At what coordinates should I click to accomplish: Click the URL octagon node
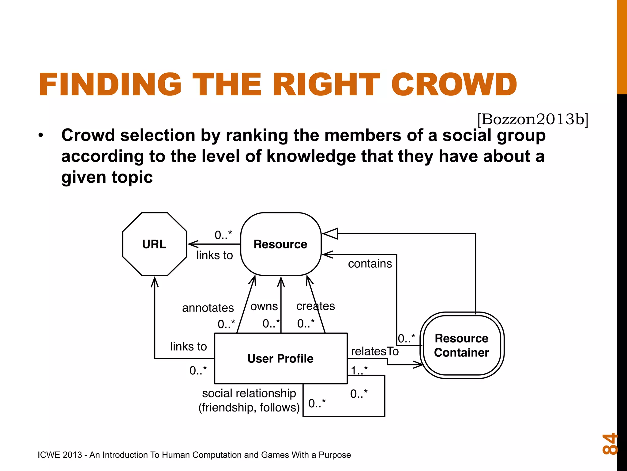[x=154, y=244]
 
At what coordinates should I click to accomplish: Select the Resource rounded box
[x=280, y=244]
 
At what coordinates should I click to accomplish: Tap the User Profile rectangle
[x=280, y=358]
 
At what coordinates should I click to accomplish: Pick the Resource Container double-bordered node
[x=462, y=345]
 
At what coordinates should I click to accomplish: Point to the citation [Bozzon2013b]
[x=533, y=119]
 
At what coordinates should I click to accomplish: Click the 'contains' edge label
[x=370, y=264]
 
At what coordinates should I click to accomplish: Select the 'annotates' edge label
[x=208, y=308]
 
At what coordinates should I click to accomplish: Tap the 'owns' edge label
[x=264, y=306]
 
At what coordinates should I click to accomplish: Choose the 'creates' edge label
[x=315, y=306]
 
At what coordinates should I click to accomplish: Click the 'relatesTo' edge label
[x=375, y=351]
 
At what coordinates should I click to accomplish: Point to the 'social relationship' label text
[x=249, y=393]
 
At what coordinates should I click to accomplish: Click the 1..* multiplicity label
[x=359, y=370]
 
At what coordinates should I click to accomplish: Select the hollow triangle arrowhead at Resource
[x=330, y=234]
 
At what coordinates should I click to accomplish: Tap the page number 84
[x=609, y=443]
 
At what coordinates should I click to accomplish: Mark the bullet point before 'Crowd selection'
[x=41, y=135]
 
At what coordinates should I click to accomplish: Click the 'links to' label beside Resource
[x=214, y=255]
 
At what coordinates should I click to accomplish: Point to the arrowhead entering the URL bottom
[x=155, y=281]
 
